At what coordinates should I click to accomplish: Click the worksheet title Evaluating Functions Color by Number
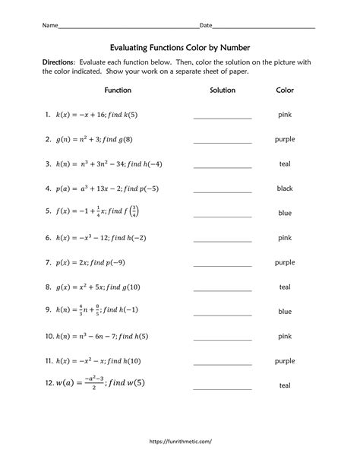point(180,47)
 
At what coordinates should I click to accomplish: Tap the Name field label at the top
point(49,25)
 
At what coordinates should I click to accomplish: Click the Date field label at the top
point(205,25)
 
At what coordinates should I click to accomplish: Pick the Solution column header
point(223,90)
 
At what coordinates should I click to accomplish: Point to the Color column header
point(285,90)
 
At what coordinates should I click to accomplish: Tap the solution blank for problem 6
point(223,239)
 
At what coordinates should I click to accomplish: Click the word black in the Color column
point(285,189)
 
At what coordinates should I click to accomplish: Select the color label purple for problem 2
point(285,139)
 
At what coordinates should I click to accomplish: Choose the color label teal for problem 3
point(285,164)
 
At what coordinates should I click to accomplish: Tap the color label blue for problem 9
point(285,311)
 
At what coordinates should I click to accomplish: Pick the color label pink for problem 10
point(285,335)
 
